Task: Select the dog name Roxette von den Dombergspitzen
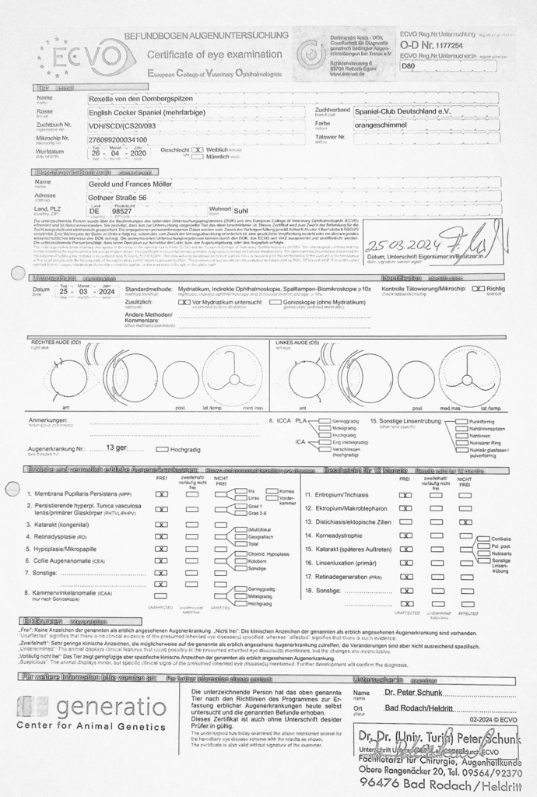click(x=150, y=99)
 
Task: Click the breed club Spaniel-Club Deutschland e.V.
click(x=402, y=111)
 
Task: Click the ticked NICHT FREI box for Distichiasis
click(x=465, y=521)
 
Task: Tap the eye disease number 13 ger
click(x=117, y=448)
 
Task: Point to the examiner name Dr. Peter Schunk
click(x=413, y=692)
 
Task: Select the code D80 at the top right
click(x=409, y=67)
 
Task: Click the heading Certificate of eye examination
click(x=215, y=54)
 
